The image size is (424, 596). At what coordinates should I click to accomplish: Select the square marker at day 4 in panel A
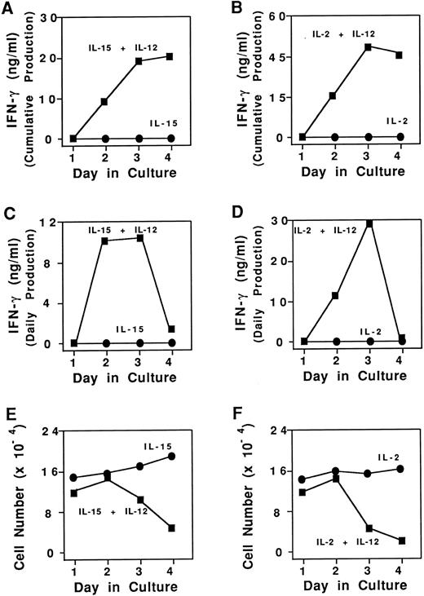tap(169, 56)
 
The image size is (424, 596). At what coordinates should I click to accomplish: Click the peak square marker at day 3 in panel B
tap(368, 47)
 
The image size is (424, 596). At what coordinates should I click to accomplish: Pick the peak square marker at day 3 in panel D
tap(369, 223)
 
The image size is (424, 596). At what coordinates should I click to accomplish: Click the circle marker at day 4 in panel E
tap(170, 456)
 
